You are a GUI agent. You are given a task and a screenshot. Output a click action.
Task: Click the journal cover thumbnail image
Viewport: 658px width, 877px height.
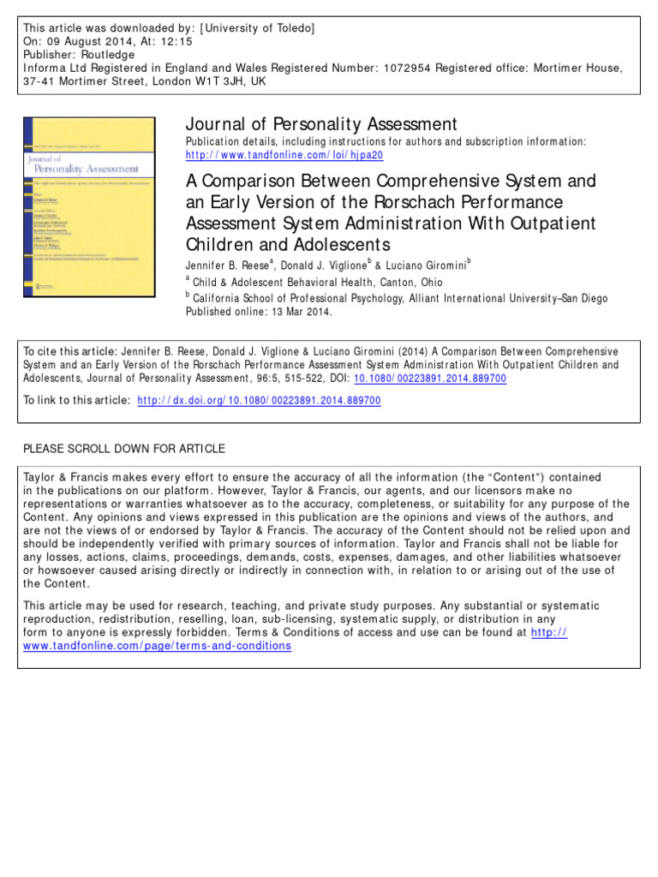pos(89,207)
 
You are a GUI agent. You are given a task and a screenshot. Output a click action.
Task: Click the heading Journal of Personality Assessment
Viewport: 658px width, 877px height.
pos(321,124)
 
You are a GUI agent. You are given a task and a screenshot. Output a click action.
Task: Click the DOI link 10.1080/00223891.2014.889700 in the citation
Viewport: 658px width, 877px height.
pos(436,378)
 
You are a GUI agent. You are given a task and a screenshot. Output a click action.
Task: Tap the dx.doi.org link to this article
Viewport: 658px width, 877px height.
pos(260,400)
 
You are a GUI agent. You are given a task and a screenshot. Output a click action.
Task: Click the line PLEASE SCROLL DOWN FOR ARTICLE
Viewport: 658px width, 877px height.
pos(124,449)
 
